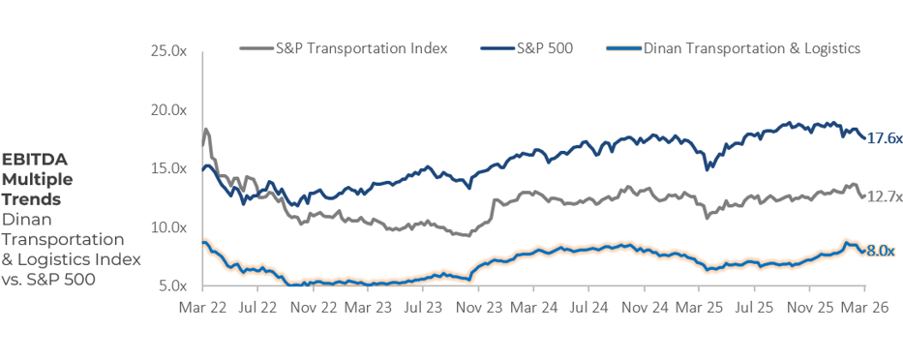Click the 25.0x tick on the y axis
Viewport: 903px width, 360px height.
[170, 50]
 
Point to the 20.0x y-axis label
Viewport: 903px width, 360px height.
[170, 109]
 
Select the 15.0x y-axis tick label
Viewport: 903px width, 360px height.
[170, 168]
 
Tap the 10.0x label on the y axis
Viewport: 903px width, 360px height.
[170, 227]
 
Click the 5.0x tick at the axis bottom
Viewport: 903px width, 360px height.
[173, 286]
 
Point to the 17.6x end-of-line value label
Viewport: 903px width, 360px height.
[884, 138]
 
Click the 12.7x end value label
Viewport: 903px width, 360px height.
[884, 196]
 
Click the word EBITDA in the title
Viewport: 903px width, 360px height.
[34, 160]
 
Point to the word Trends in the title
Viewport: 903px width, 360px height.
[31, 198]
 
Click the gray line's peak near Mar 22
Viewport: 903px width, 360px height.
[206, 129]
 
